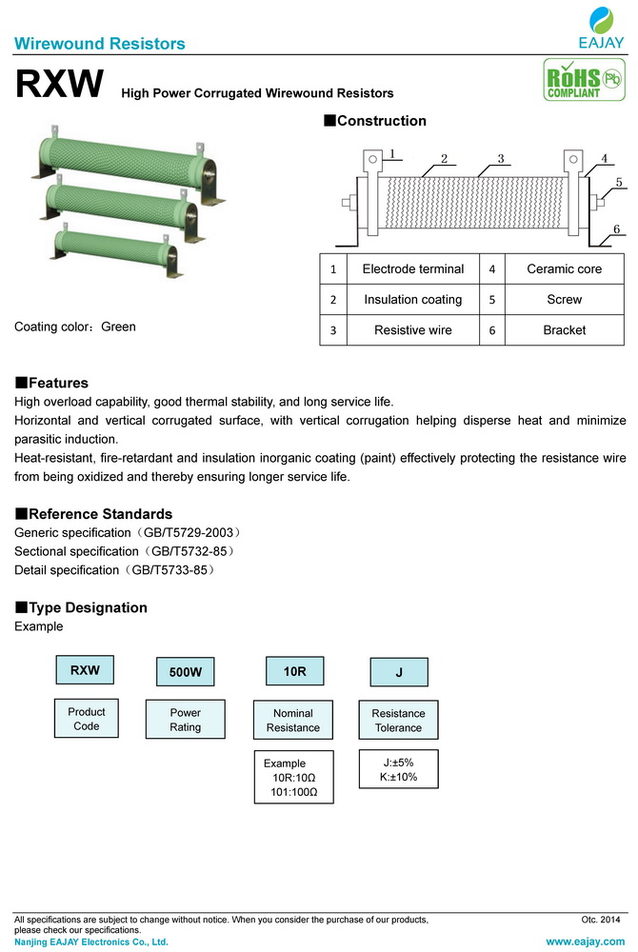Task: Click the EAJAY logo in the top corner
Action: point(601,29)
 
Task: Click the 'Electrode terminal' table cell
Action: point(412,269)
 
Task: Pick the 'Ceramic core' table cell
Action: point(564,269)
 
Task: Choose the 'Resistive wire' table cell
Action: point(412,330)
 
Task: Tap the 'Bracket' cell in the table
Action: point(564,330)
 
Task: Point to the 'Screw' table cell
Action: point(564,300)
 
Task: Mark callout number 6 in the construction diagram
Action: point(616,229)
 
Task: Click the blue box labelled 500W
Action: point(185,671)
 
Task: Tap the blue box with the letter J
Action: point(399,672)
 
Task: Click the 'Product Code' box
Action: point(87,719)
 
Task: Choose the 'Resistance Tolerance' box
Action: point(398,721)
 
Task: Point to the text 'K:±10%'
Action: point(398,778)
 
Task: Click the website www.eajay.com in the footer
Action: point(584,941)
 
